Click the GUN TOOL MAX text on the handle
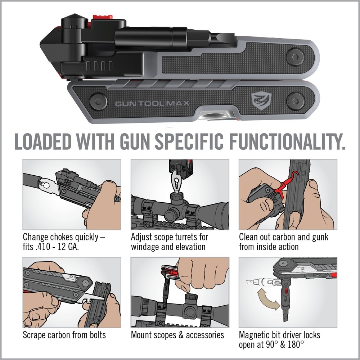point(153,104)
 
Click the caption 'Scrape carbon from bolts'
point(64,335)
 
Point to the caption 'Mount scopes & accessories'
point(177,335)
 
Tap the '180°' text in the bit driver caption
point(294,345)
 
